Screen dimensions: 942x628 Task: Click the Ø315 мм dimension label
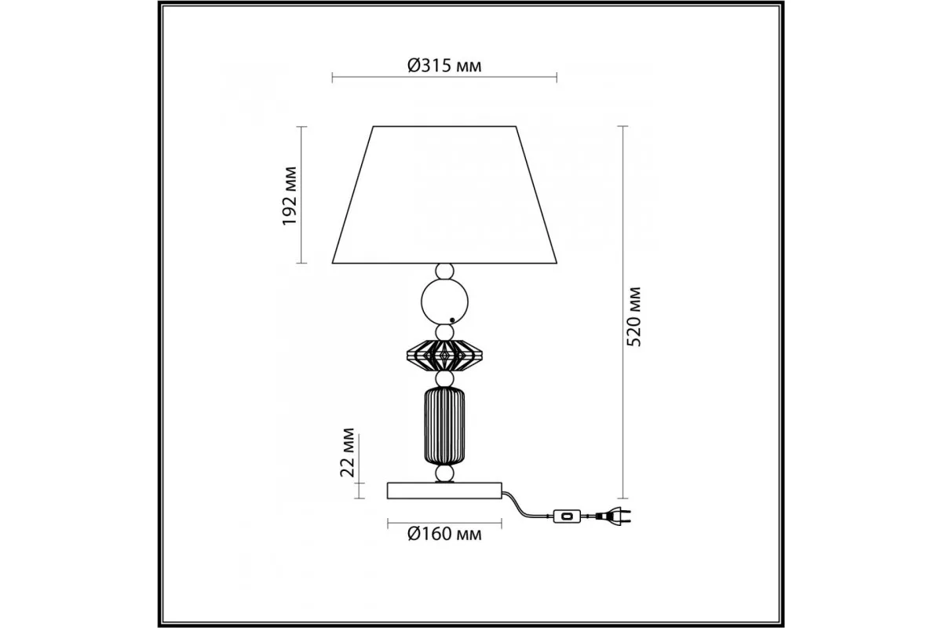pos(444,66)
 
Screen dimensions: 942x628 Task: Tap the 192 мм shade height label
pos(290,196)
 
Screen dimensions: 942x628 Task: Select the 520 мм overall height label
pos(633,317)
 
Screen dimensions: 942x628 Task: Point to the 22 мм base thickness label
pos(347,453)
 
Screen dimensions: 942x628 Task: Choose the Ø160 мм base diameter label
pos(444,535)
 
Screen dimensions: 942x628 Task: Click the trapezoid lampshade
pos(444,195)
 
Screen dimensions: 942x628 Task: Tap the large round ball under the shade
pos(444,301)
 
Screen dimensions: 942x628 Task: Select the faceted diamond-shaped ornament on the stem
pos(444,356)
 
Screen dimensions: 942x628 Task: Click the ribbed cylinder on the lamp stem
pos(444,426)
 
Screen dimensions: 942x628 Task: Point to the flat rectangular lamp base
pos(444,491)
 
